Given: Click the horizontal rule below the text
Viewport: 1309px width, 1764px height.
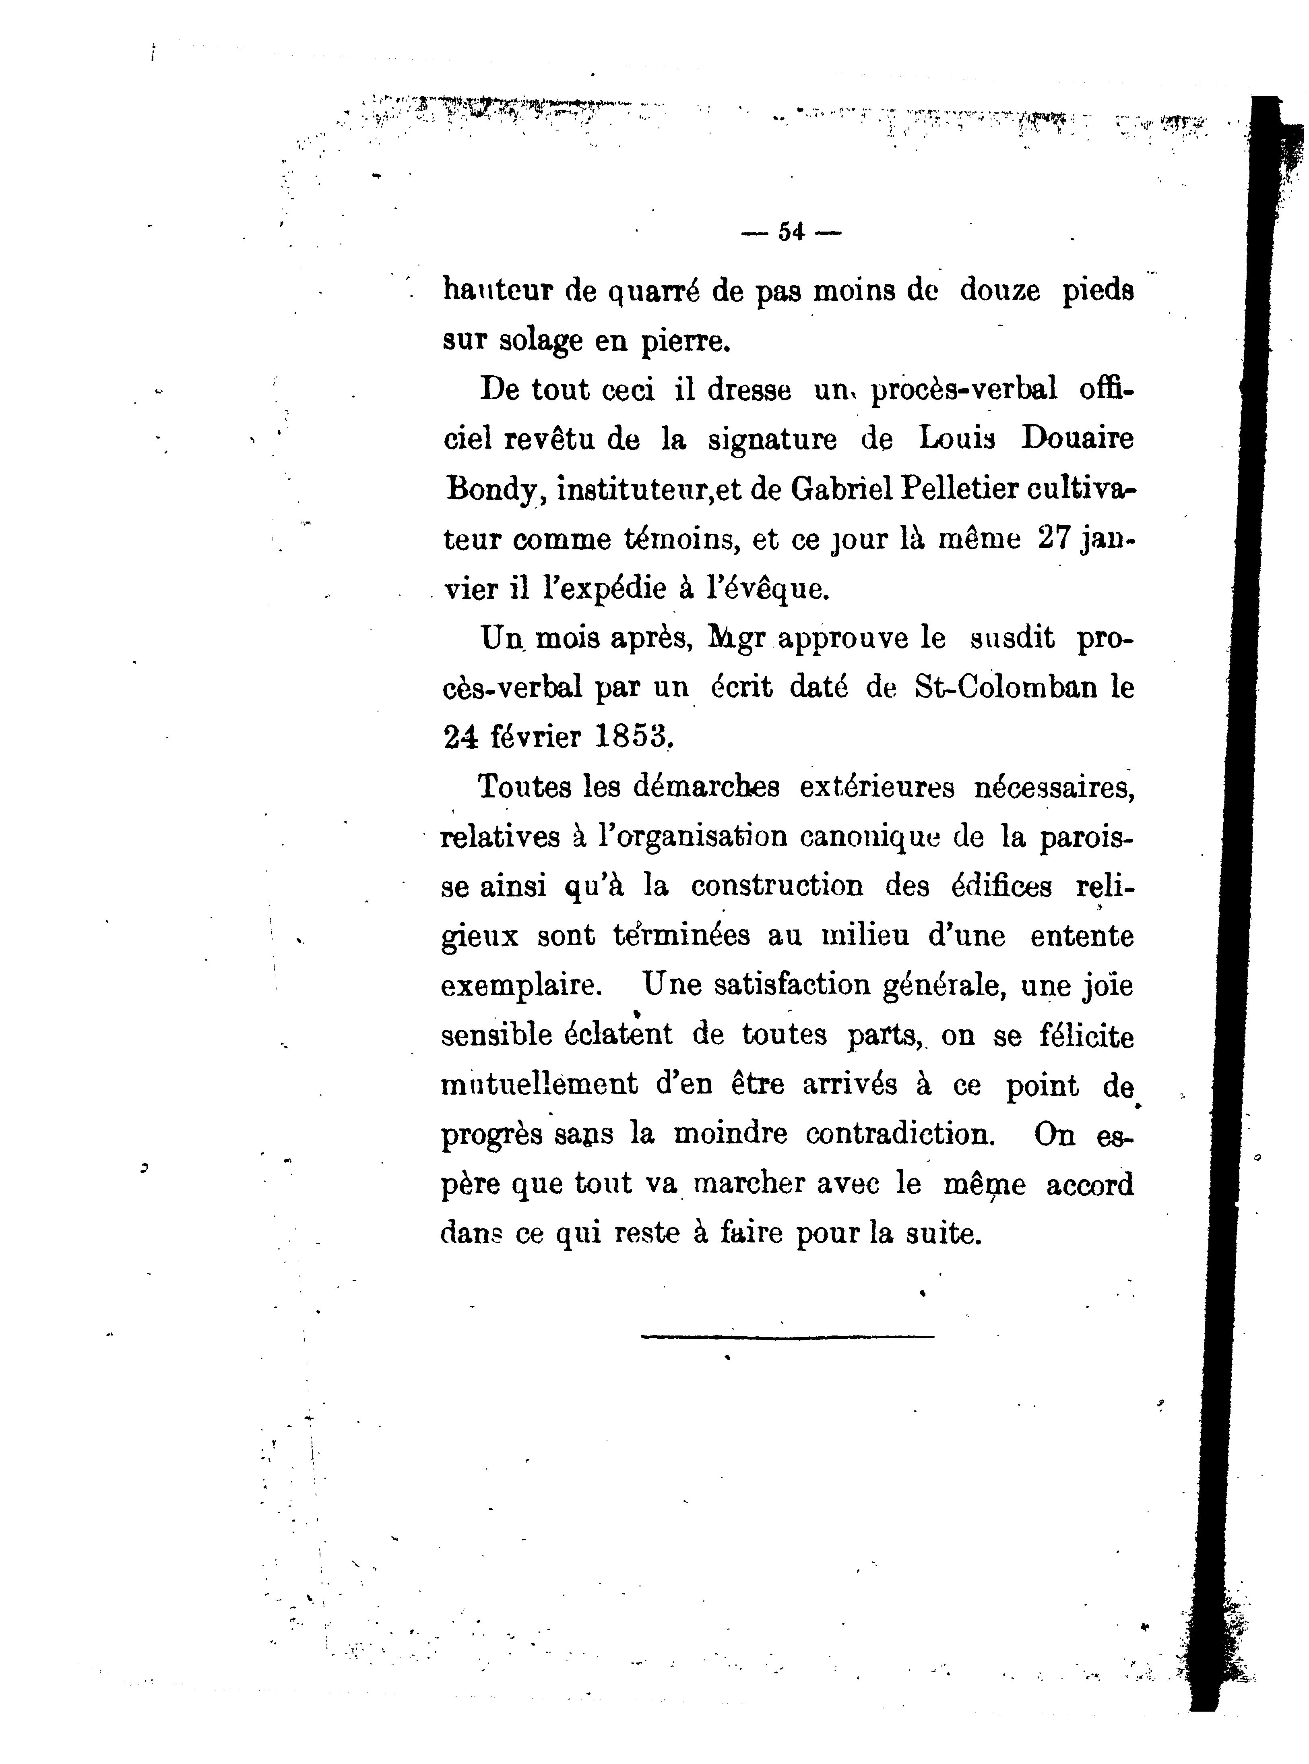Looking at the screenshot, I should tap(787, 1337).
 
